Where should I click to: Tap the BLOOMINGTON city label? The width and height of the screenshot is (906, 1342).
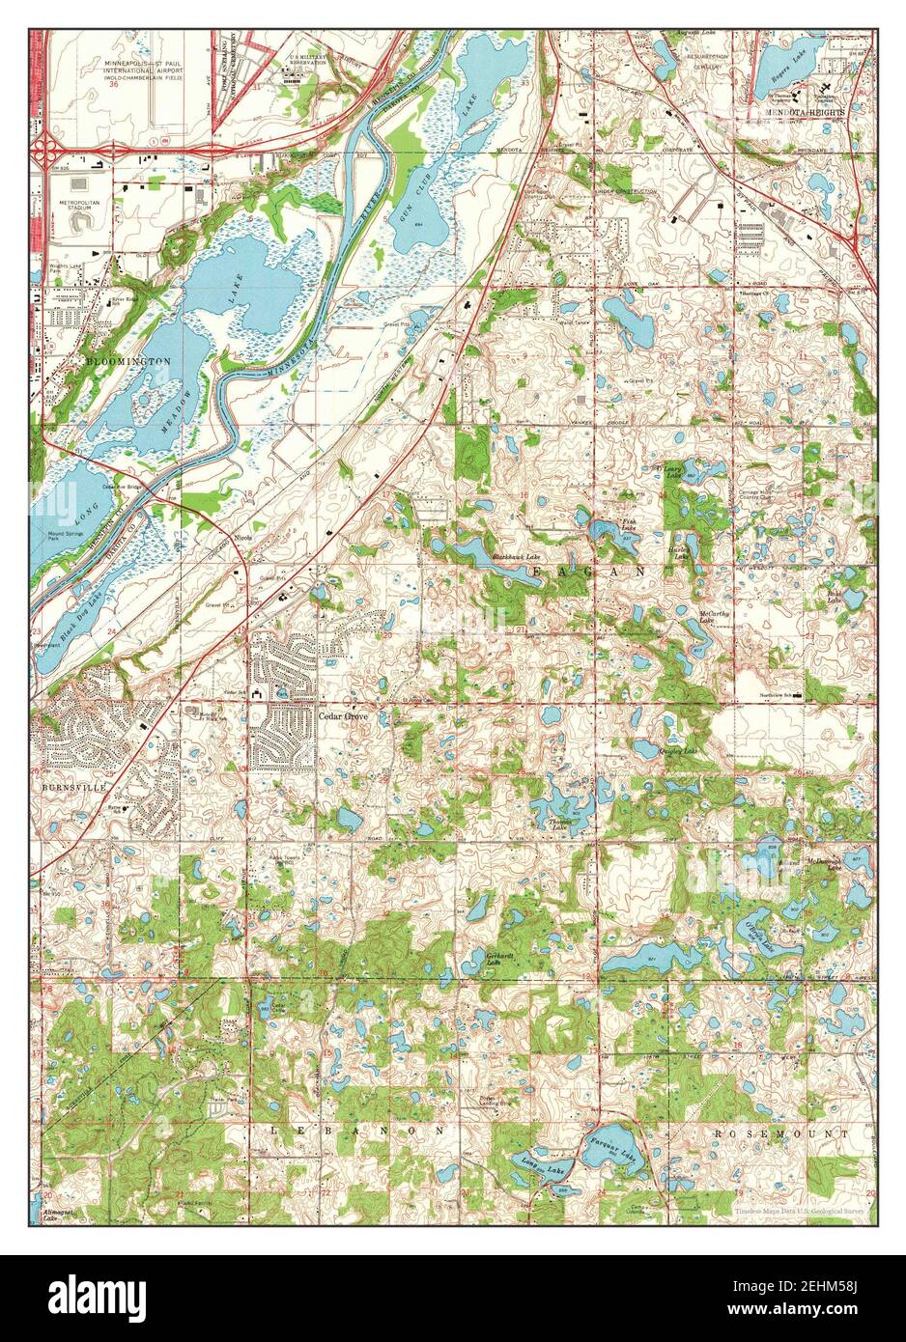tap(127, 360)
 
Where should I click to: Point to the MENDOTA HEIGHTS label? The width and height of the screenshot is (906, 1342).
tap(804, 113)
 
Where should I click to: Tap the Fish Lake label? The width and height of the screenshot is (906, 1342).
tap(628, 526)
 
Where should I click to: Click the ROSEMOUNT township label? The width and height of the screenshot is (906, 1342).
tap(780, 1132)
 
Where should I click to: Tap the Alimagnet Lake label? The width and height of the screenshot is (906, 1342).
tap(56, 1214)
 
